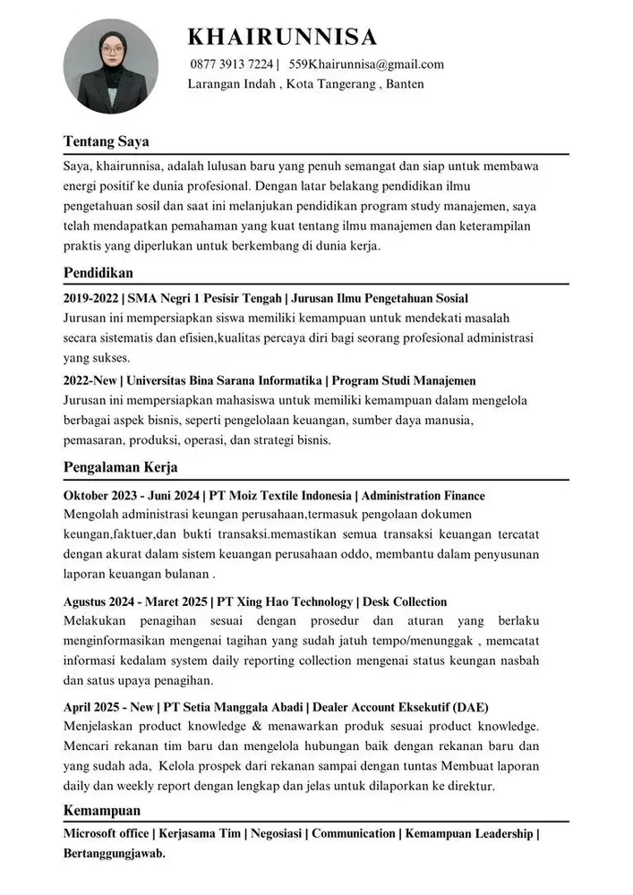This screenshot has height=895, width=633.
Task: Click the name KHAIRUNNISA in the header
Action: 282,37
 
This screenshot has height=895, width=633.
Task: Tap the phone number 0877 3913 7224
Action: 232,64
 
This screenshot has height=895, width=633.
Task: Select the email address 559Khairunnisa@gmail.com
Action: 366,64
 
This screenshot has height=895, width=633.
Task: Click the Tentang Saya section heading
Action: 106,141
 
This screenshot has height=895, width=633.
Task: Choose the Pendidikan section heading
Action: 98,272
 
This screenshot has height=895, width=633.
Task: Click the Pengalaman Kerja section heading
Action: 120,467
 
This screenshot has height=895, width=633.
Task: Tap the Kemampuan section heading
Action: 102,810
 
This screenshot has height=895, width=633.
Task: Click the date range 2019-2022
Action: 92,298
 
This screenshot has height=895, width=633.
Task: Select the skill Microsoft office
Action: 105,833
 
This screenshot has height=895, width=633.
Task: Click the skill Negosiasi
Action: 277,833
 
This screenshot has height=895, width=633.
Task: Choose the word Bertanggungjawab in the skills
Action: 115,853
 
